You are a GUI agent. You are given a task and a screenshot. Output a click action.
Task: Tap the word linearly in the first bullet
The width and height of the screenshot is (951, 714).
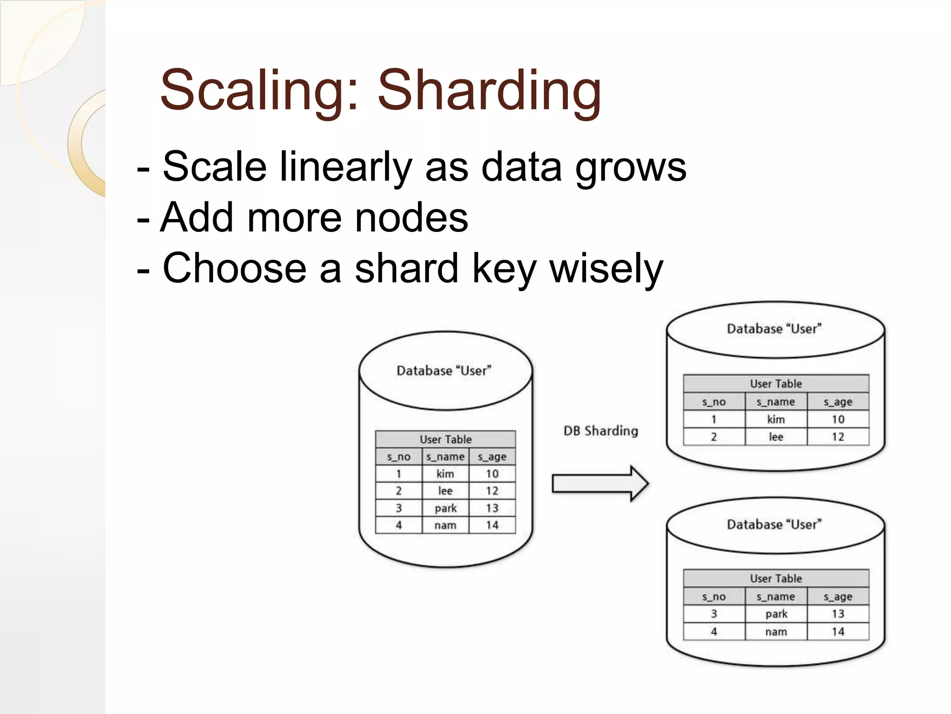[x=346, y=167]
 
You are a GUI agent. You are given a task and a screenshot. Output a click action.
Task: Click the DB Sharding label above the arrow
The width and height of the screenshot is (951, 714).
[x=600, y=431]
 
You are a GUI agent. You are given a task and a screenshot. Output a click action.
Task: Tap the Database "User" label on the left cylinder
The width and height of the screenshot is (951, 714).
[x=443, y=370]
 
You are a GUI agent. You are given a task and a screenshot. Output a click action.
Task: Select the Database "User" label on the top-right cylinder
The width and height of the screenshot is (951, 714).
[x=774, y=329]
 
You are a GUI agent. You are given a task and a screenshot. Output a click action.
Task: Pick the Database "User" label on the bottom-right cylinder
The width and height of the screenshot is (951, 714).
[x=774, y=524]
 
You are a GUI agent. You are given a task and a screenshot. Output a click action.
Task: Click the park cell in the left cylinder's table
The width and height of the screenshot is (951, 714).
[x=445, y=508]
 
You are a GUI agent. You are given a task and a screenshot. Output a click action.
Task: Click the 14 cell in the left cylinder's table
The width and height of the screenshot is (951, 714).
[x=492, y=525]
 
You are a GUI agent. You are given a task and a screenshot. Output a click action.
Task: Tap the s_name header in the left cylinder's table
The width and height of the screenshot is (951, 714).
[x=445, y=457]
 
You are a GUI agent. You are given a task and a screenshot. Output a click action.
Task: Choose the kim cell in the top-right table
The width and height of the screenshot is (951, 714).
[x=776, y=419]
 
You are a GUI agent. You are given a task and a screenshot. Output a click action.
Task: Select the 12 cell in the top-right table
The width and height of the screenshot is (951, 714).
[x=838, y=437]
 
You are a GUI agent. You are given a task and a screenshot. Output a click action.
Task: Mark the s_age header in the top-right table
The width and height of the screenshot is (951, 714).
[x=838, y=402]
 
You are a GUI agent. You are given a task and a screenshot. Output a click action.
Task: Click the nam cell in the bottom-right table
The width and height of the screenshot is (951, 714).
[x=776, y=632]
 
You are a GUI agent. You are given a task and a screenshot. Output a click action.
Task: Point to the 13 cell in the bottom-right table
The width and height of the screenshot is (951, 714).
[x=838, y=614]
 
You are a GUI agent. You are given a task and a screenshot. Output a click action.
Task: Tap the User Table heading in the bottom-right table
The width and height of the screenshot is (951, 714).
[x=776, y=578]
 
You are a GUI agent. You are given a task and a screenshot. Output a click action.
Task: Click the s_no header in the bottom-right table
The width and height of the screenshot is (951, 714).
[x=714, y=596]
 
